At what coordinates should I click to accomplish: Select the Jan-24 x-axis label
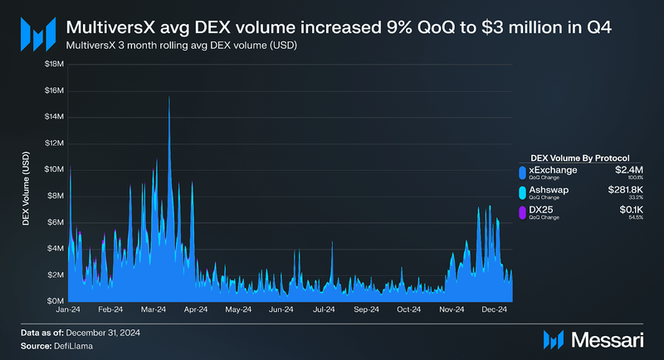(x=69, y=309)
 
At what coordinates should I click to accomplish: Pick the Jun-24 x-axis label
(x=281, y=309)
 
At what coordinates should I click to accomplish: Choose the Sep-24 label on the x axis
(x=366, y=309)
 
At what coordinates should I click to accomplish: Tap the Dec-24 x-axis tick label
(x=493, y=309)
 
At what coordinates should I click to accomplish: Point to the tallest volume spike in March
(x=169, y=98)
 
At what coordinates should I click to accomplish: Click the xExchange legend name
(x=553, y=170)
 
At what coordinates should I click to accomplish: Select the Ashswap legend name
(x=549, y=190)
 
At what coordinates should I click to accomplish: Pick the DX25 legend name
(x=540, y=211)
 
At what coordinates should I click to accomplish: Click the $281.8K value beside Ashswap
(x=622, y=190)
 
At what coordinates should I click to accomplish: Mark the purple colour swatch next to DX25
(x=520, y=213)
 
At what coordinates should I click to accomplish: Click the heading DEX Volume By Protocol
(x=579, y=157)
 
